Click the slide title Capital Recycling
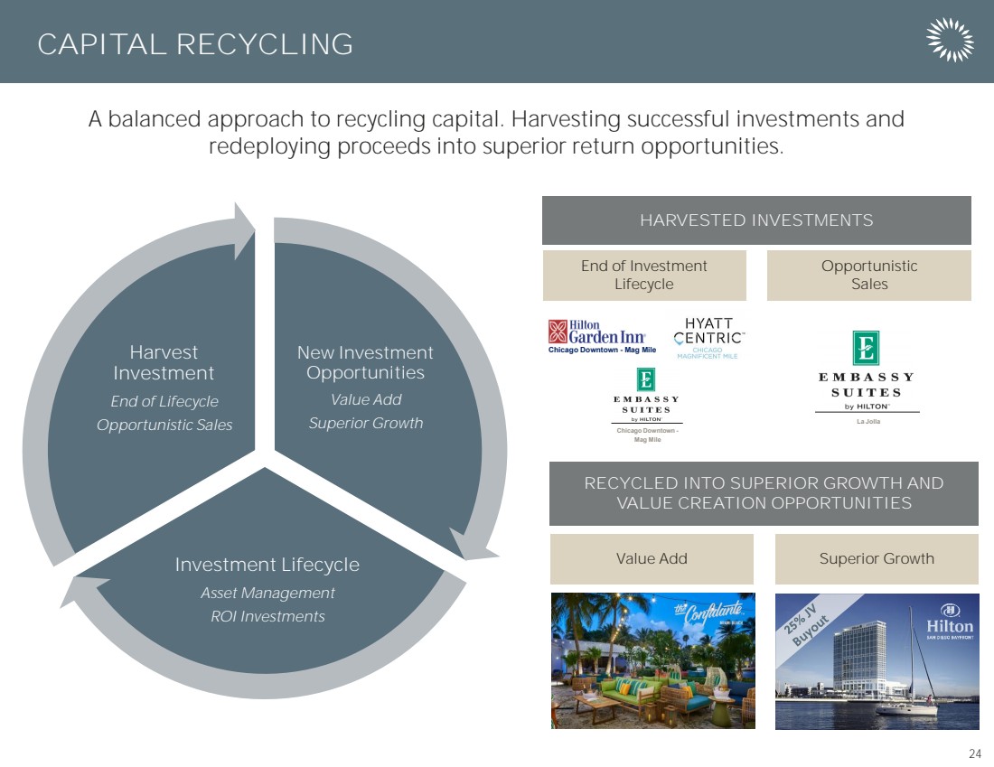195,44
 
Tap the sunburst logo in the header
950,41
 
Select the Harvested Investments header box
756,220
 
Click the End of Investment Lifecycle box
644,276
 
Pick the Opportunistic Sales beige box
868,276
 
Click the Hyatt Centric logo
708,337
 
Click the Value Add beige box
651,559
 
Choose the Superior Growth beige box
876,559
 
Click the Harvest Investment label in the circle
164,363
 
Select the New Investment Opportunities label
365,363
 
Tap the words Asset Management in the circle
267,594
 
